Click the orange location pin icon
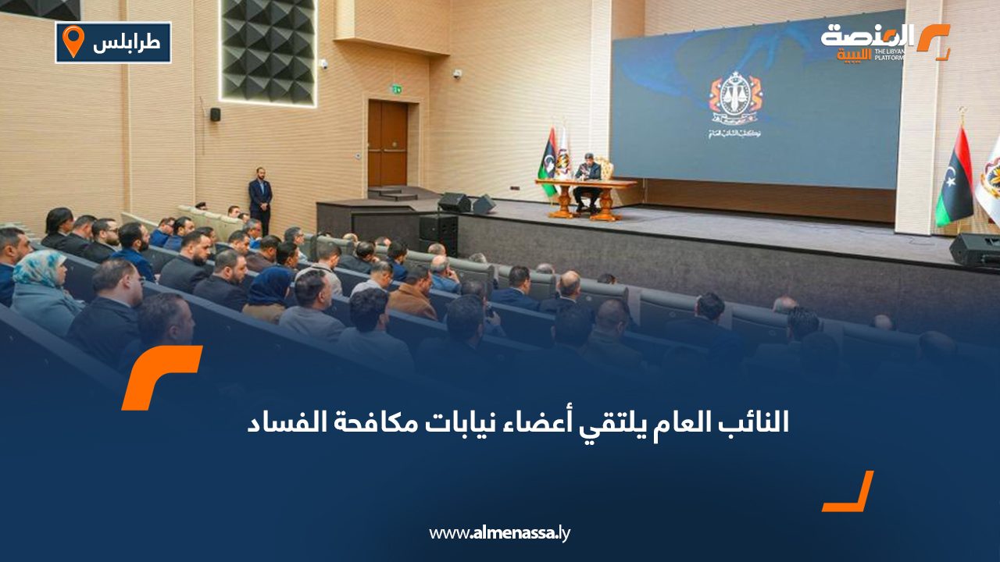73,41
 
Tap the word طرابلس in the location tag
127,42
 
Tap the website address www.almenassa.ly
500,533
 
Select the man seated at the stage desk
587,179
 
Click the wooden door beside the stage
387,144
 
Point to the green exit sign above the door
397,89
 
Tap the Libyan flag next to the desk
549,160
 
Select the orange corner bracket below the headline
849,493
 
